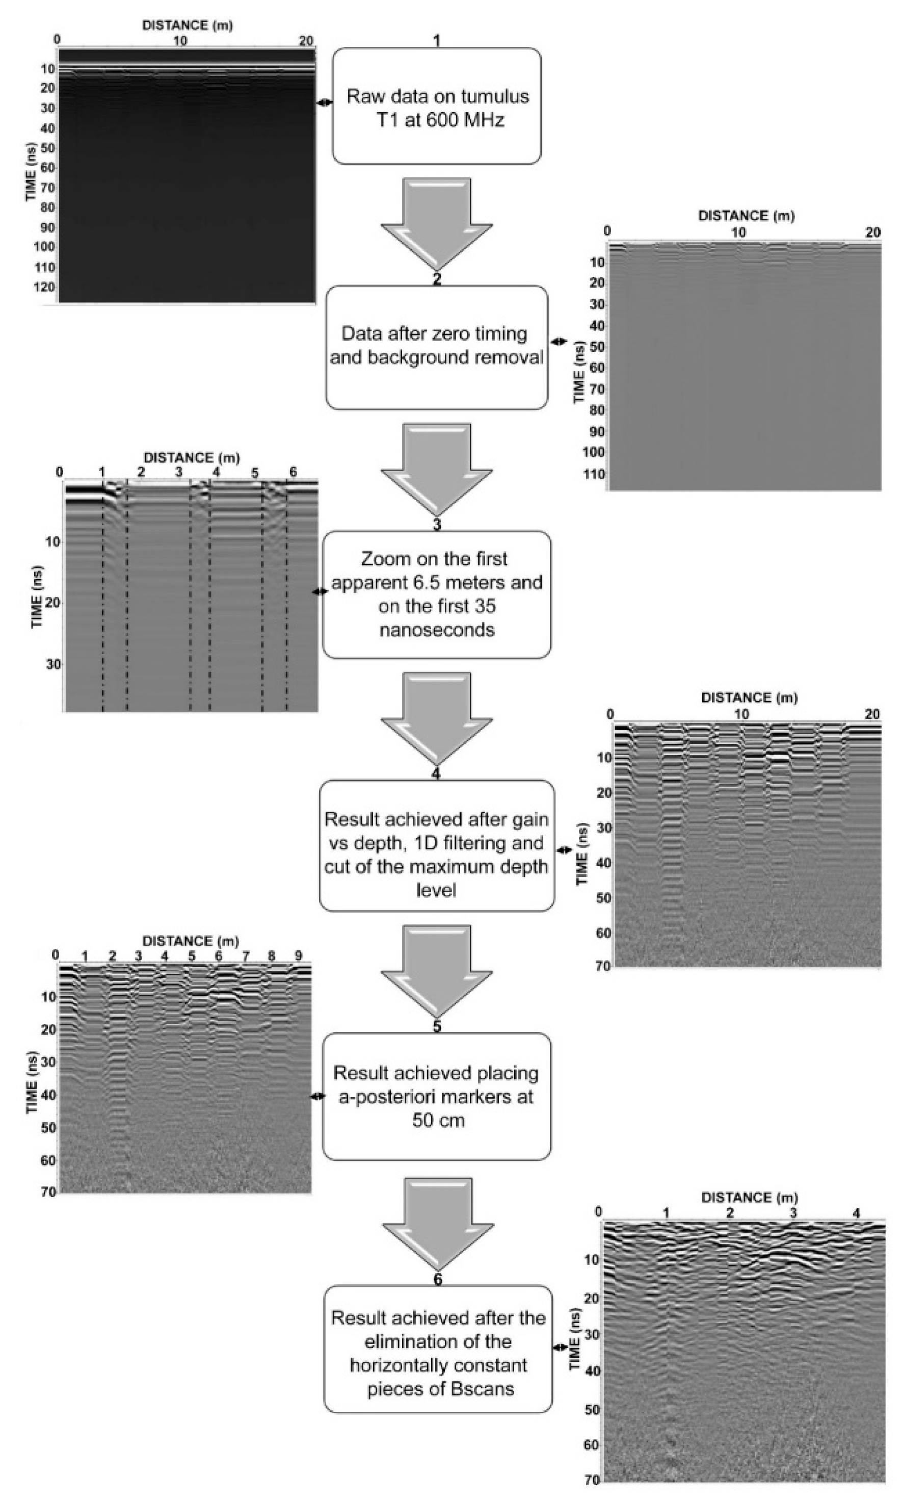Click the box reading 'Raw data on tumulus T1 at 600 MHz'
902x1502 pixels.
coord(436,106)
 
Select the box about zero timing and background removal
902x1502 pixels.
coord(436,347)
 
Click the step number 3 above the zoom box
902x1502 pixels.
coord(436,524)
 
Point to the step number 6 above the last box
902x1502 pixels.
coord(438,1279)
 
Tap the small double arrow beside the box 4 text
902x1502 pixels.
coord(564,850)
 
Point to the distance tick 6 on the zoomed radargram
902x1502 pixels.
coord(293,473)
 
